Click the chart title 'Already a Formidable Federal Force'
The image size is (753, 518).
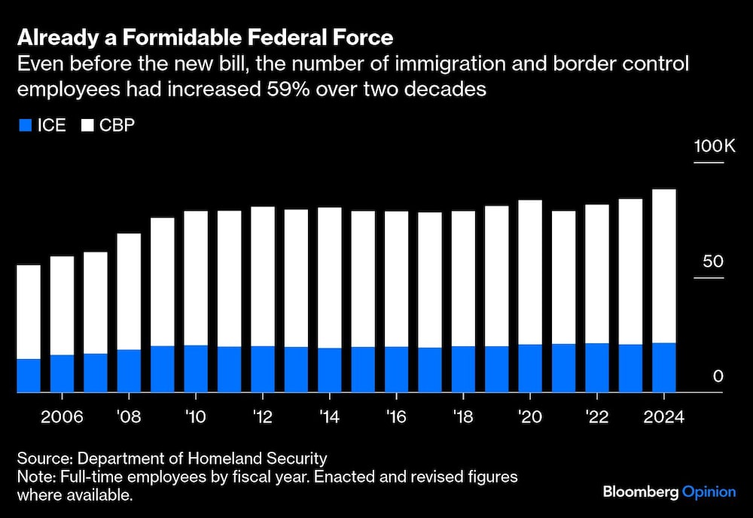pos(205,37)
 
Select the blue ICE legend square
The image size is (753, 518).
pos(24,126)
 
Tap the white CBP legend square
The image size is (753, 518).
pos(87,126)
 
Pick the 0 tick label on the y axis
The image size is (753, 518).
pos(718,376)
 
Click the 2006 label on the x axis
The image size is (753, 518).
pos(62,417)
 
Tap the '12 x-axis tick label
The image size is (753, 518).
pos(262,417)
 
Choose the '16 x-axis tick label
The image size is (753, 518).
pos(396,417)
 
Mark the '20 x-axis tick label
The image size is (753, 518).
pos(530,417)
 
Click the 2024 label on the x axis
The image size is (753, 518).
pos(663,417)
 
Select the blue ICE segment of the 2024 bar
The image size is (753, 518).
pos(664,367)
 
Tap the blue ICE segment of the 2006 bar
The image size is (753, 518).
pos(62,373)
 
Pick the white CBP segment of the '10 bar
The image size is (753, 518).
pos(196,278)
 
